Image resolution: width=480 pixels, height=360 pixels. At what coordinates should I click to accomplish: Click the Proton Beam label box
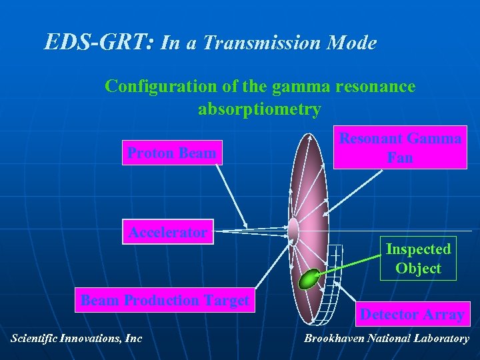pyautogui.click(x=171, y=153)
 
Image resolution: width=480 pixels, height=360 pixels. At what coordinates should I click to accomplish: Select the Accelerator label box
pyautogui.click(x=168, y=233)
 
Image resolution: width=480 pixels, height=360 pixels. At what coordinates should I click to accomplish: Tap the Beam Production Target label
pyautogui.click(x=165, y=301)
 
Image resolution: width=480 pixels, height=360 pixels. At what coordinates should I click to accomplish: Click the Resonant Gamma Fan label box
pyautogui.click(x=400, y=148)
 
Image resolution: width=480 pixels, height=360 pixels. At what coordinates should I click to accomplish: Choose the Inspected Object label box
pyautogui.click(x=418, y=258)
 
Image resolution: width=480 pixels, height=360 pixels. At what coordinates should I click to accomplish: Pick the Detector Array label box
pyautogui.click(x=412, y=314)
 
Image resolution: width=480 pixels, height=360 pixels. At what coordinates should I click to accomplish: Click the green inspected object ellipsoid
pyautogui.click(x=309, y=279)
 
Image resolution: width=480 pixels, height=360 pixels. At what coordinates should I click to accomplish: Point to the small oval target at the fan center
pyautogui.click(x=293, y=229)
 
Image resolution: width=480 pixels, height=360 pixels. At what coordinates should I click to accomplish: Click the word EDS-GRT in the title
pyautogui.click(x=99, y=43)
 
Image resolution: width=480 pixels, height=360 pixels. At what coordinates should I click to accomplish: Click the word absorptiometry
pyautogui.click(x=259, y=109)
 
